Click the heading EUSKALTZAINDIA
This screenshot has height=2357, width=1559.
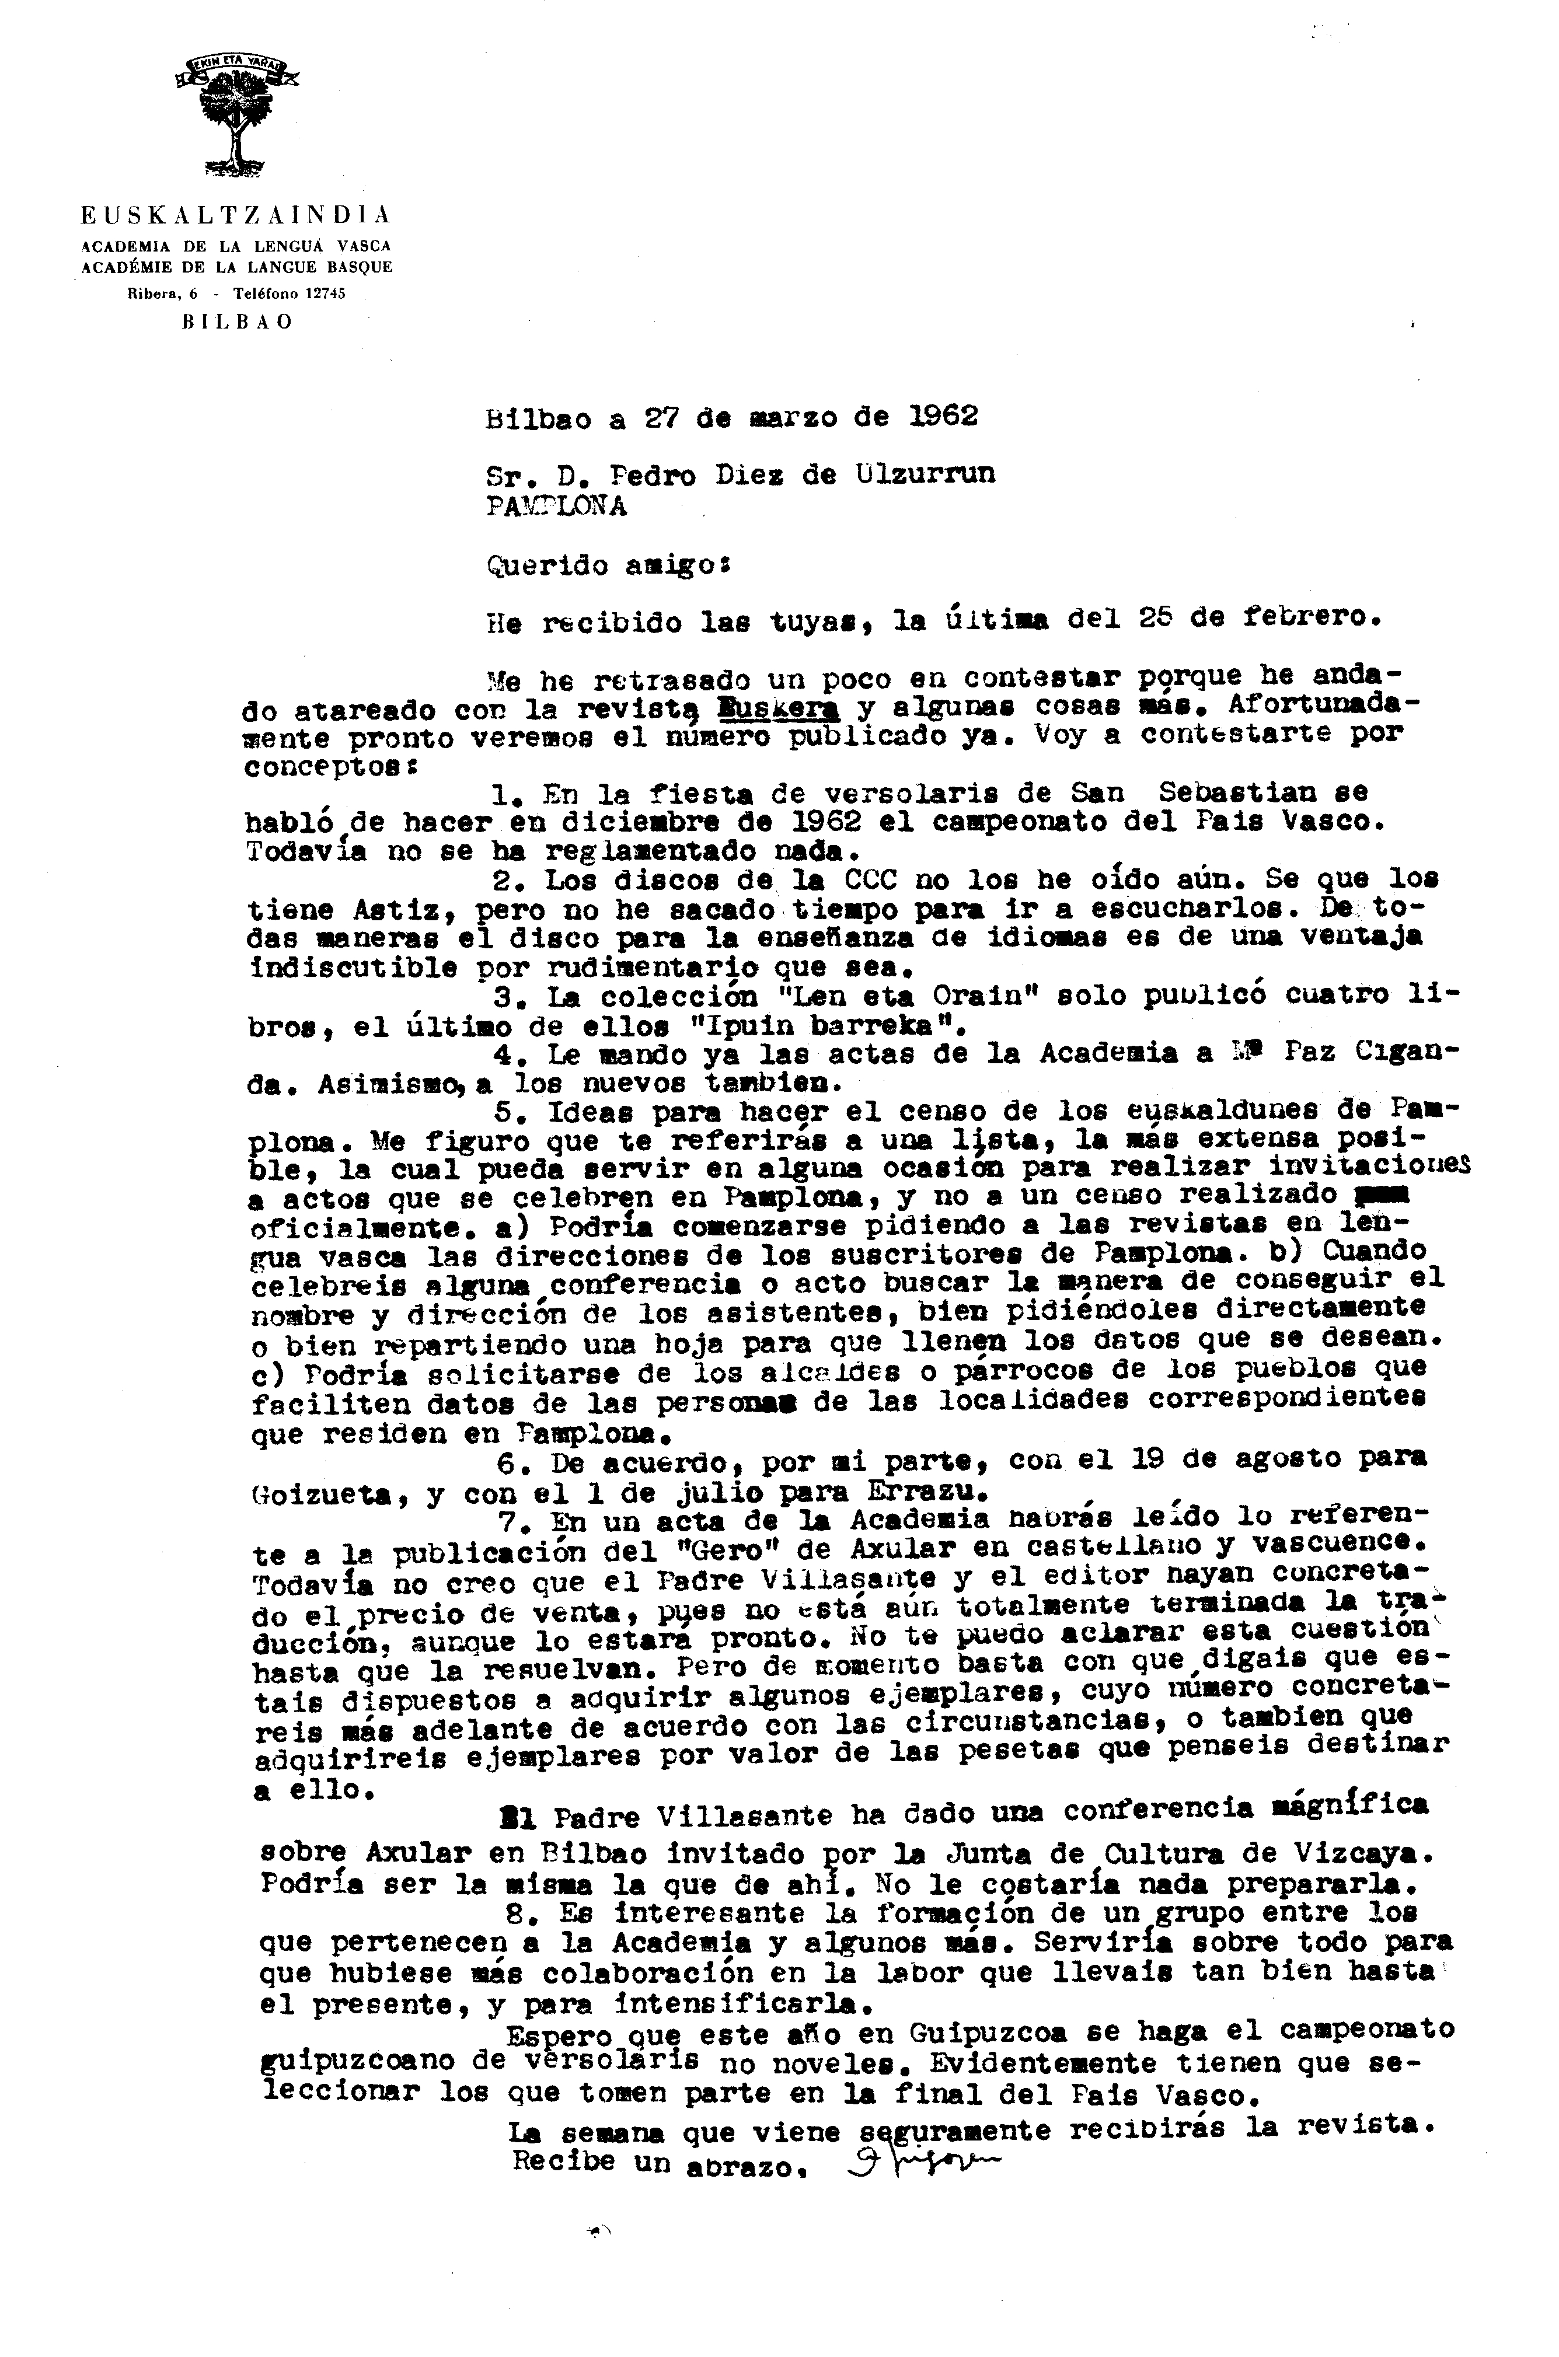click(236, 215)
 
